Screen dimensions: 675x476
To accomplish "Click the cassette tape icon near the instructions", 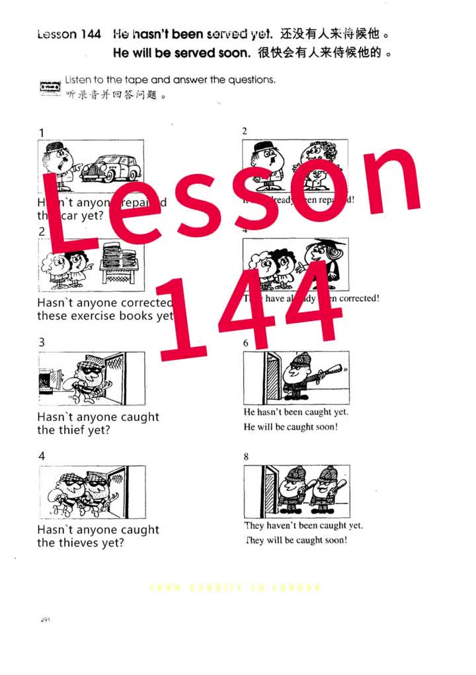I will point(50,87).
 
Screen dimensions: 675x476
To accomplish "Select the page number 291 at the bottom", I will point(46,619).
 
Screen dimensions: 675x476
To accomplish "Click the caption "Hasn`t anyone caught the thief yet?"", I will point(98,424).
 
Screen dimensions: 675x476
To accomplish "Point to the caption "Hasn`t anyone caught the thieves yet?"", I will point(98,536).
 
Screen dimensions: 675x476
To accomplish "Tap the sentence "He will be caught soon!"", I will point(290,427).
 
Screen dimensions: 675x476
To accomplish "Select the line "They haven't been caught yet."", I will point(303,525).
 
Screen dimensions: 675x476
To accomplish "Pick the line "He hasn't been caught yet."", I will point(296,412).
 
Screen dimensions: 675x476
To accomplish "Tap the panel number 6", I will point(246,343).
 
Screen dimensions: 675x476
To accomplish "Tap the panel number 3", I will point(42,342).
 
